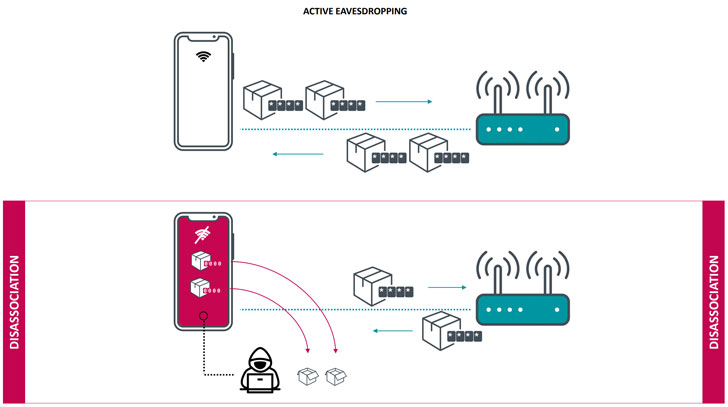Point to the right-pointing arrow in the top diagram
click(x=403, y=102)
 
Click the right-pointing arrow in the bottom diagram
click(x=445, y=287)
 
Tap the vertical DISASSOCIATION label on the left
click(x=14, y=303)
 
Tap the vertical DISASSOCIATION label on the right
click(x=713, y=303)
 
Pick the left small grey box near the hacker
click(x=310, y=377)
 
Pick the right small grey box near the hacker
click(x=336, y=377)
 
